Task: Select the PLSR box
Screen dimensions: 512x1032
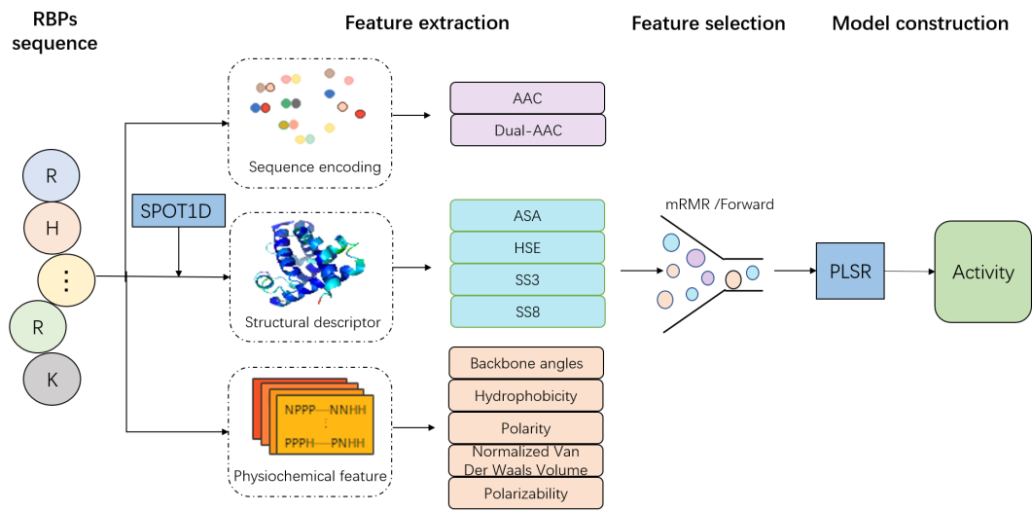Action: tap(850, 271)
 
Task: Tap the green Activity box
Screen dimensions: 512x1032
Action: tap(982, 272)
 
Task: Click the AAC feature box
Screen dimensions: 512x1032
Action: tap(527, 98)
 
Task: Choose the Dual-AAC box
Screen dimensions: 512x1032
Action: tap(527, 130)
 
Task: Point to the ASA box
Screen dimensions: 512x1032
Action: tap(527, 215)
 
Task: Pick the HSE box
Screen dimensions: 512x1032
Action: tap(527, 247)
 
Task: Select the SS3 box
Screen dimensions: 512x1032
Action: tap(527, 279)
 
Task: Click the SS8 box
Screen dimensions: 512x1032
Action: tap(527, 311)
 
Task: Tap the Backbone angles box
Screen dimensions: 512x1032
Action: tap(526, 363)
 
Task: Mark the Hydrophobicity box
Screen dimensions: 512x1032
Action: tap(526, 395)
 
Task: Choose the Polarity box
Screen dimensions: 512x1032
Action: tap(526, 428)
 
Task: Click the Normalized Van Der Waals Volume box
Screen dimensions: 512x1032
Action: tap(526, 460)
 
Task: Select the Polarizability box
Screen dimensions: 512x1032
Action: tap(526, 493)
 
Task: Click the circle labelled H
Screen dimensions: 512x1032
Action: tap(53, 228)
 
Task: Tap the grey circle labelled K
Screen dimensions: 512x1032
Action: tap(53, 381)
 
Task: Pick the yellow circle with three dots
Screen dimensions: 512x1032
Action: tap(66, 280)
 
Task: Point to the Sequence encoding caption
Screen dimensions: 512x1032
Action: tap(314, 166)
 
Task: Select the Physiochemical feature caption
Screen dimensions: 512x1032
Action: tap(310, 476)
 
